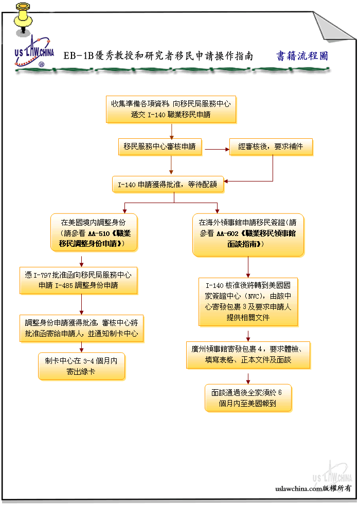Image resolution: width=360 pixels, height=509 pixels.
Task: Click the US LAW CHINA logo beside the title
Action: (34, 52)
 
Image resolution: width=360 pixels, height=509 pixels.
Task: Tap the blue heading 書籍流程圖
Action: (302, 56)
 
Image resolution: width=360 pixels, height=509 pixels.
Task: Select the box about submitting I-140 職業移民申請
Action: (171, 110)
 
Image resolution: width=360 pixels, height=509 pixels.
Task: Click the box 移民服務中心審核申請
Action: (160, 147)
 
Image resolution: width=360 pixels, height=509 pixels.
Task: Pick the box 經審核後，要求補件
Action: (271, 147)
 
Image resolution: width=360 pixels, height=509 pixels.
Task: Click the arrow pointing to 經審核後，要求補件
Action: (217, 149)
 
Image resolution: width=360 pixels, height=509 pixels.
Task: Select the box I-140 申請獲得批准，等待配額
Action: (168, 185)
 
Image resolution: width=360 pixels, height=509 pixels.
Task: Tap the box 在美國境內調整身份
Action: (94, 232)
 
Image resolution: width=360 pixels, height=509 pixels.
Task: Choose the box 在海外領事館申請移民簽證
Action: (248, 235)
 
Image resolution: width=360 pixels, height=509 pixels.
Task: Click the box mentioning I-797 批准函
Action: (79, 281)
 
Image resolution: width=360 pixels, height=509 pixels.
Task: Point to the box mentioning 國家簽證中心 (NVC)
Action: (248, 302)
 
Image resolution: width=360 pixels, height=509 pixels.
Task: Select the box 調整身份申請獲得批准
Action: (81, 329)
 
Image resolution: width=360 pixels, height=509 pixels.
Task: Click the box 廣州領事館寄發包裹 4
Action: (248, 355)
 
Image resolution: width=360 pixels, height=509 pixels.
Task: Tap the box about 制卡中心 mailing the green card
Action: (81, 366)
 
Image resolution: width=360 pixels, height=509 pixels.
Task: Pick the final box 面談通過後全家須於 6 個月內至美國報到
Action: (248, 398)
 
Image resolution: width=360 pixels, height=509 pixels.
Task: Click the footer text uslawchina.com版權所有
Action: (313, 488)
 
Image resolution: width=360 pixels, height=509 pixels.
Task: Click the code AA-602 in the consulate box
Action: (227, 233)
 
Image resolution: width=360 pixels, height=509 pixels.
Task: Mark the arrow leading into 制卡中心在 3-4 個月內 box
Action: (81, 348)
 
